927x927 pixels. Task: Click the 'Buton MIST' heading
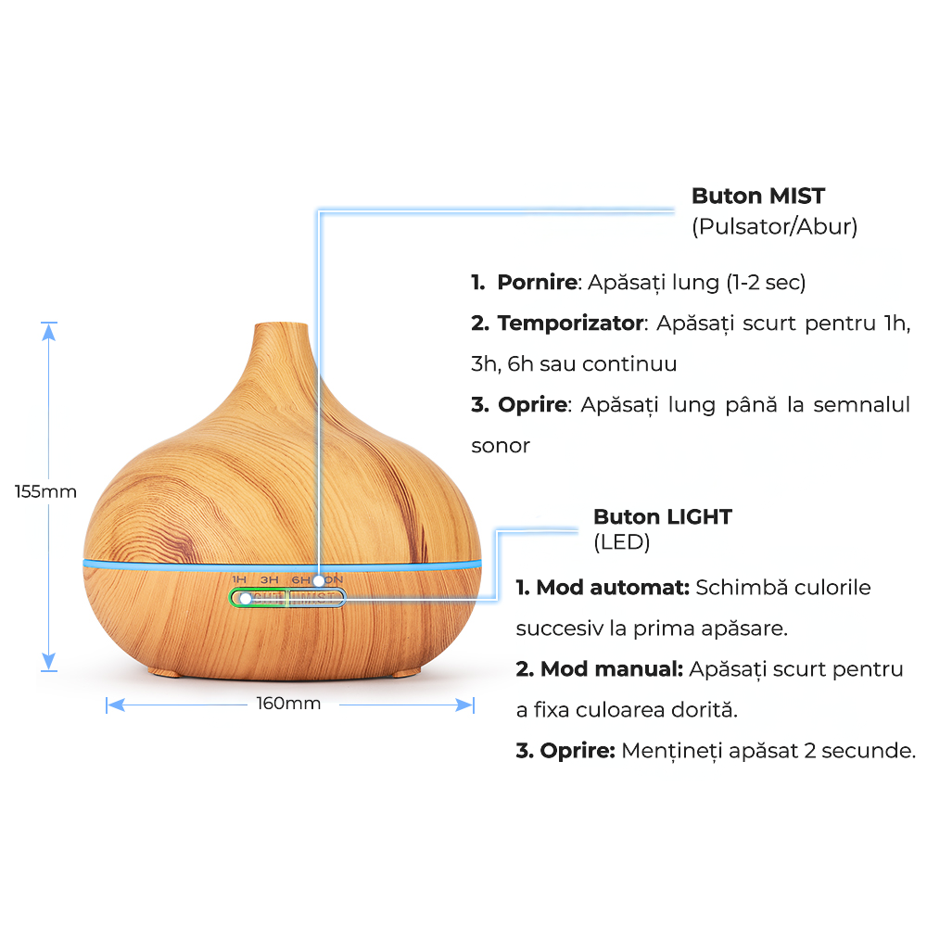[758, 196]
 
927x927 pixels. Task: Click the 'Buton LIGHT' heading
[663, 516]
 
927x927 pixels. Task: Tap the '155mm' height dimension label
[45, 491]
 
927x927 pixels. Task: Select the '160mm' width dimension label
[288, 703]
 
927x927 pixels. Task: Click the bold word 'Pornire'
[537, 282]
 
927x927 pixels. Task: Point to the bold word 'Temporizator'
[570, 323]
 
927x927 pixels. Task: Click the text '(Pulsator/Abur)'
[774, 226]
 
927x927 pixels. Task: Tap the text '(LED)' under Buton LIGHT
[621, 542]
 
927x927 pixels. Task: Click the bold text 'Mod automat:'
[613, 587]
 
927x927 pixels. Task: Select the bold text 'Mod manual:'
[611, 668]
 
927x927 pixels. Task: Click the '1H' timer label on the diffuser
[239, 579]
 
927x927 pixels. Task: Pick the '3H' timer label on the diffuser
[270, 580]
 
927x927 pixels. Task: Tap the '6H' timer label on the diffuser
[300, 580]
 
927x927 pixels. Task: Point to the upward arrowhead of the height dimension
[48, 332]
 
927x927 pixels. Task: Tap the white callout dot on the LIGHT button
[246, 598]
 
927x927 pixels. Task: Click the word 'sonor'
[501, 446]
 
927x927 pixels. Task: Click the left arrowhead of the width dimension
[116, 705]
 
